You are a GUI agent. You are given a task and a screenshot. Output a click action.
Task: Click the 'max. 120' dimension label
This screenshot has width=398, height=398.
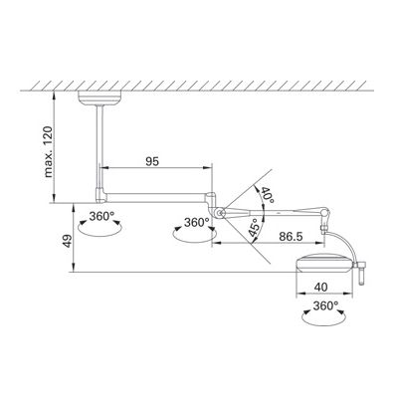click(49, 151)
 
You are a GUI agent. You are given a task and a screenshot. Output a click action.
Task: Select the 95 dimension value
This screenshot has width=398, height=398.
click(152, 161)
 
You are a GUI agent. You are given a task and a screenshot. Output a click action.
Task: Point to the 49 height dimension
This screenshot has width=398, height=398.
click(68, 241)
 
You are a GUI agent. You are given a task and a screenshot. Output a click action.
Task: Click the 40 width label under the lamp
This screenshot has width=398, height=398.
click(320, 287)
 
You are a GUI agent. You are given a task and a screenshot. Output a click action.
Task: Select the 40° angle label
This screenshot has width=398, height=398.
click(268, 196)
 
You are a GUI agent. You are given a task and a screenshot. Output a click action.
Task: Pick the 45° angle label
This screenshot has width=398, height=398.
click(254, 228)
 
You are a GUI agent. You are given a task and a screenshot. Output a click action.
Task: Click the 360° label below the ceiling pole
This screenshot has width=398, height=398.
click(101, 216)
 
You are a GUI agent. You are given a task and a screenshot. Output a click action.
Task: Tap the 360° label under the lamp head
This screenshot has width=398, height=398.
click(325, 305)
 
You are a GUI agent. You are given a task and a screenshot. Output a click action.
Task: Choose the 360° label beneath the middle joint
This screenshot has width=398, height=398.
click(197, 222)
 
